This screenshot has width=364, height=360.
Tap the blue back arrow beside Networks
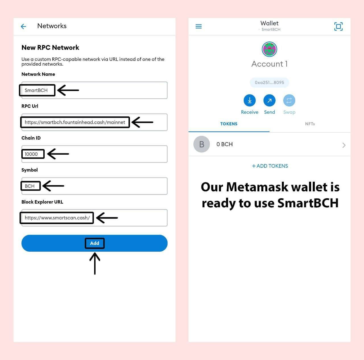(23, 26)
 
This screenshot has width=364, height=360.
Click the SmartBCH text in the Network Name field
(36, 90)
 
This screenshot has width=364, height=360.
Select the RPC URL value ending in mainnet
(75, 122)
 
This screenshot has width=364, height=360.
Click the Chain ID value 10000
(31, 154)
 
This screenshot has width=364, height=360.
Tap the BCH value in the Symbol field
(30, 186)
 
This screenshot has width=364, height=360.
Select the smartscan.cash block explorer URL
(57, 218)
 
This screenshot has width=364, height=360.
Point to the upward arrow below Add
(95, 263)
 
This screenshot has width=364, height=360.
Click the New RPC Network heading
(50, 47)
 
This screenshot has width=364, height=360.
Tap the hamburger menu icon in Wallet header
(198, 26)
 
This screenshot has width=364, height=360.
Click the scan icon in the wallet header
(338, 26)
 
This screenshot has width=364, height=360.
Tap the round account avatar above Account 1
(269, 49)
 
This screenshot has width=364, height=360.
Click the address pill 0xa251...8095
(269, 82)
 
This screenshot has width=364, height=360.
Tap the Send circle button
(269, 100)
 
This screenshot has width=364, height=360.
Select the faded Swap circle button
(289, 100)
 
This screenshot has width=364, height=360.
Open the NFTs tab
(310, 124)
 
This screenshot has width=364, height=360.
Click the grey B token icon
(202, 144)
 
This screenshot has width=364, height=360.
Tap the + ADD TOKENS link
(270, 166)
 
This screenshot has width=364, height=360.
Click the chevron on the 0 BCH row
(344, 145)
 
